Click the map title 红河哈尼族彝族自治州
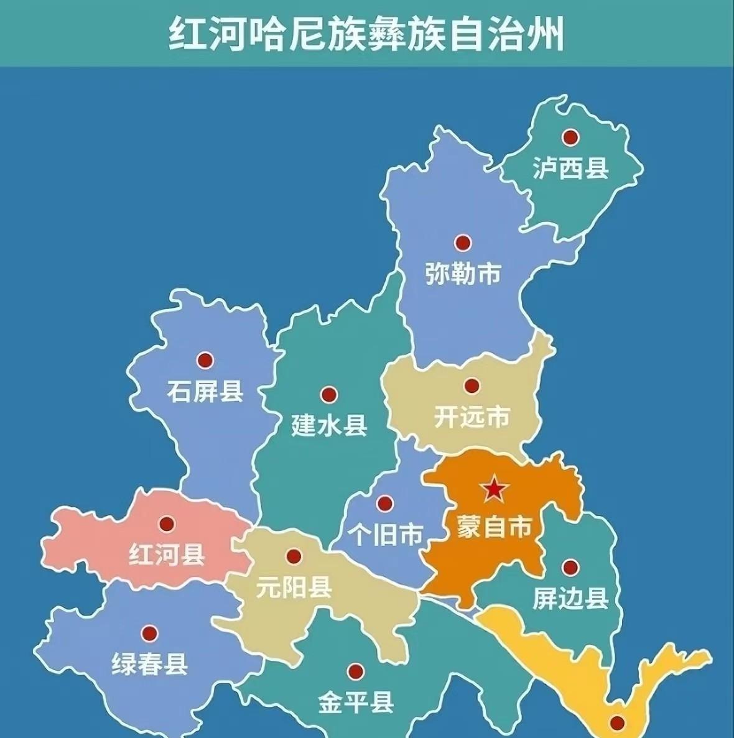point(366,35)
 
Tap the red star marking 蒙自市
point(494,490)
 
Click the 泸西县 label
point(570,168)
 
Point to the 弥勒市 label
point(463,274)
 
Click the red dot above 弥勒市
point(462,242)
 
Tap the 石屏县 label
point(205,392)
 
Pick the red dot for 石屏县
point(205,360)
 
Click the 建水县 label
point(330,426)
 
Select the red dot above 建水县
point(328,395)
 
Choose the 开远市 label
point(472,417)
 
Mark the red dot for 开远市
point(472,386)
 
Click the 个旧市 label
point(386,534)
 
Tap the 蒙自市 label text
point(494,527)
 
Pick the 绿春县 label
point(149,665)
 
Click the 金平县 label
point(356,703)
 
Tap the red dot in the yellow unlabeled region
point(616,722)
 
